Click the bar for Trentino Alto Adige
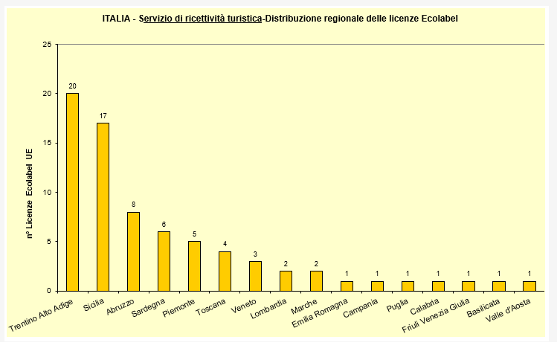point(72,192)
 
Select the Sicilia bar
point(103,207)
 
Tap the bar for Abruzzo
point(133,251)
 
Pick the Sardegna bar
point(164,261)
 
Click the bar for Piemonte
point(194,266)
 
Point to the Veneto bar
point(255,276)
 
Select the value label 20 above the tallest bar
point(72,86)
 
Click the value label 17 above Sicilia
point(103,116)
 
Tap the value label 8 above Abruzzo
point(133,205)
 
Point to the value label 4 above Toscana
point(225,244)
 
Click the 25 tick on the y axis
point(48,45)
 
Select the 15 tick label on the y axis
point(48,143)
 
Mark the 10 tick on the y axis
point(48,192)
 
